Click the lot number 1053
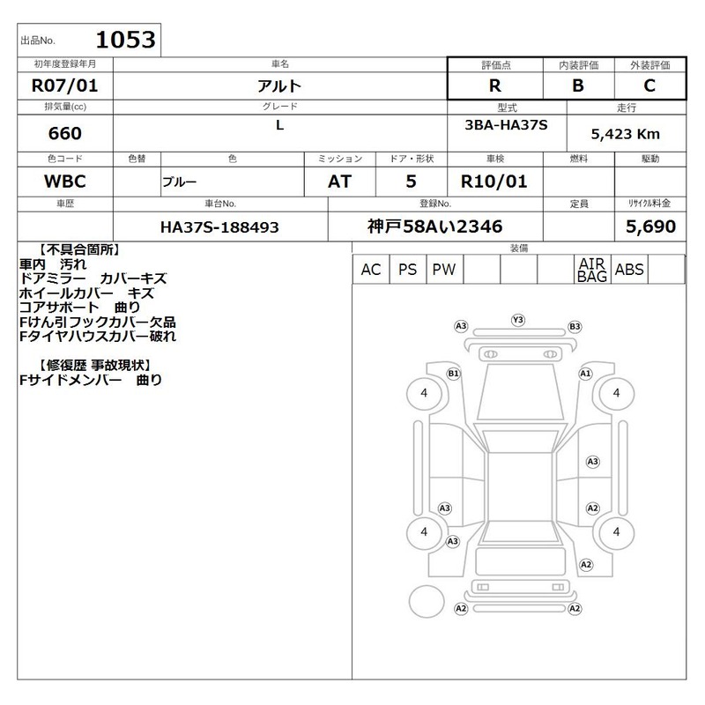(x=125, y=40)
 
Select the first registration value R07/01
(x=64, y=85)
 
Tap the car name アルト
(x=279, y=85)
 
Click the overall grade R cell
(x=495, y=85)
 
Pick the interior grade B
(x=578, y=85)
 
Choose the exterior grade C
(x=649, y=85)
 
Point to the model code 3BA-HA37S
(x=506, y=125)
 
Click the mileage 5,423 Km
(x=626, y=134)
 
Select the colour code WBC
(x=64, y=182)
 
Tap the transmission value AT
(x=339, y=182)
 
